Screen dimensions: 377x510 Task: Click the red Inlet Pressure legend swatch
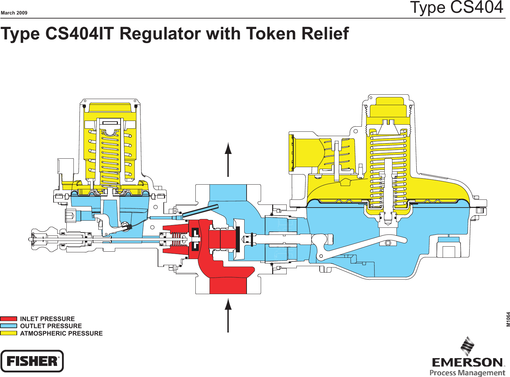point(8,319)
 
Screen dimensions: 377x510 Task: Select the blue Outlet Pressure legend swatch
point(8,326)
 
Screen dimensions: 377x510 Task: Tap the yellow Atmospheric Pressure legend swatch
point(8,333)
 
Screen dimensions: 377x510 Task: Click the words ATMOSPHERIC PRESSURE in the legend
point(61,333)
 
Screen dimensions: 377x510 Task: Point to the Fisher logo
point(32,361)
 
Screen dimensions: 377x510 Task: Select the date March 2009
point(14,13)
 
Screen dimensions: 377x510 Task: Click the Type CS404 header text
point(456,7)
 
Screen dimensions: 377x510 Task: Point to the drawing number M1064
point(508,319)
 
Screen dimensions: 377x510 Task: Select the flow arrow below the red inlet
point(228,315)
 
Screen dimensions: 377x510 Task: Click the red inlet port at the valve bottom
point(228,285)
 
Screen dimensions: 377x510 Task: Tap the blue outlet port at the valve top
point(228,193)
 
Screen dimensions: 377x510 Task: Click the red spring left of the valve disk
point(176,240)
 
